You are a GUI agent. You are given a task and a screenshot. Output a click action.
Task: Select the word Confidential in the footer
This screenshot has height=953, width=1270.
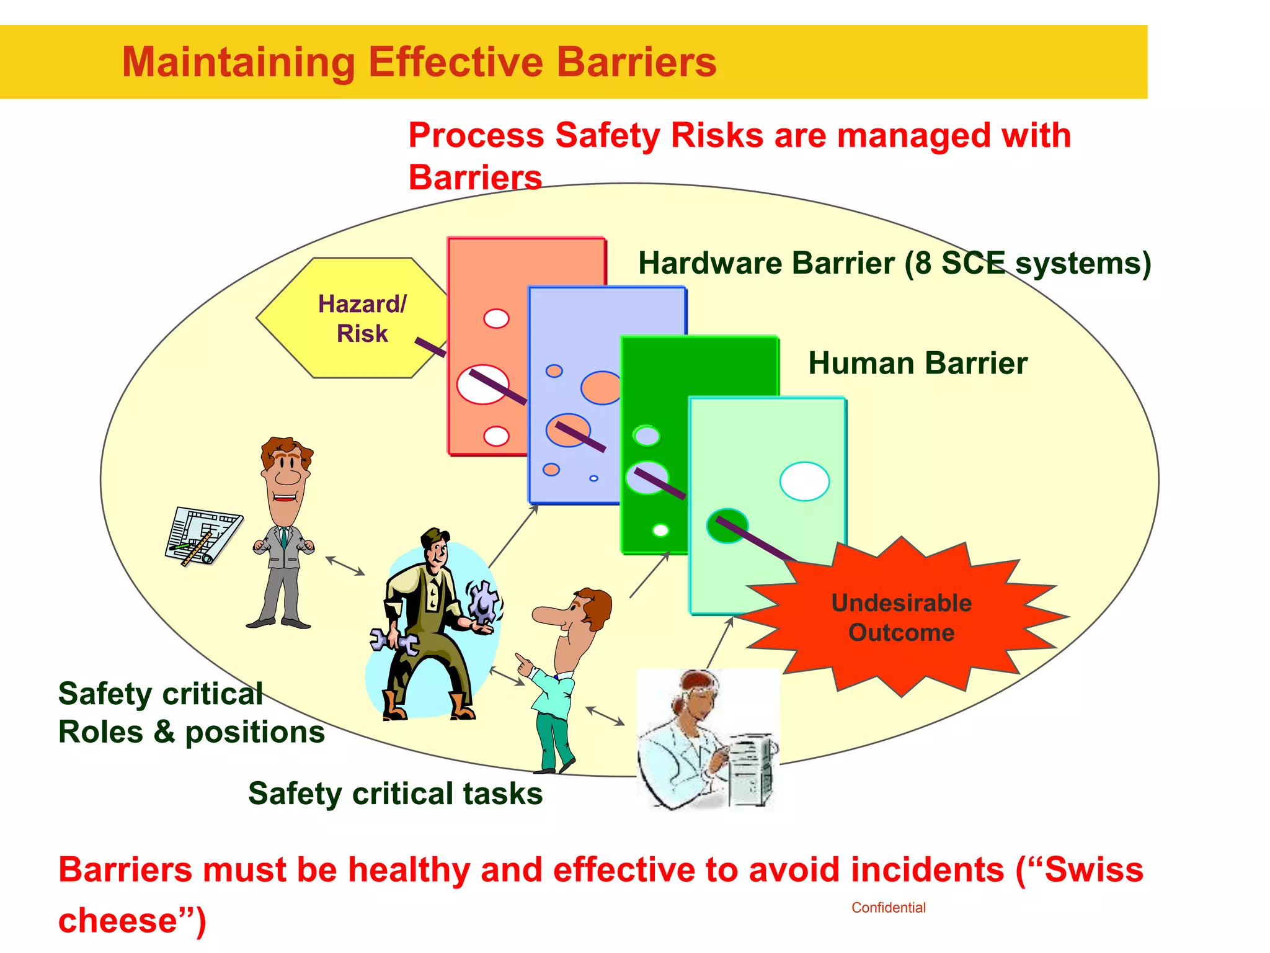point(888,908)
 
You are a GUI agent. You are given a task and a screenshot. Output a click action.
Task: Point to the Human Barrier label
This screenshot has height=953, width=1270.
point(917,363)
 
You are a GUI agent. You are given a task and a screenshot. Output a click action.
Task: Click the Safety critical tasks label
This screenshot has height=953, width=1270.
point(395,794)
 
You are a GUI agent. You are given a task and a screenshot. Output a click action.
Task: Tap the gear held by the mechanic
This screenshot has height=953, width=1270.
point(483,601)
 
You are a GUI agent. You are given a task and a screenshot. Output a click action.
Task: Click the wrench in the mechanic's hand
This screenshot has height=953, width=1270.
point(394,642)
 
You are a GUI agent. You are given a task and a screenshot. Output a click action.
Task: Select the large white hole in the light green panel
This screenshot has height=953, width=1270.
point(804,481)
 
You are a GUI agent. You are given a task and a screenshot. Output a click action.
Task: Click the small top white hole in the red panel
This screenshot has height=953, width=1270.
point(496,318)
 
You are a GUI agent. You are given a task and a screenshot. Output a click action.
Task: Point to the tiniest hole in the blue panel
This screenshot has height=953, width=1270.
point(593,478)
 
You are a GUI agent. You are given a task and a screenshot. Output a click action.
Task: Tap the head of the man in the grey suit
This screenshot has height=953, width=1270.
point(286,465)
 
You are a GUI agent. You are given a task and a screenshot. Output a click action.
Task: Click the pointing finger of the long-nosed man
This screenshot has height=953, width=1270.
point(523,660)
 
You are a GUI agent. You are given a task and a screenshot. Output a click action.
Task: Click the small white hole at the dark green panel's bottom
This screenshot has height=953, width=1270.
point(660,530)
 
